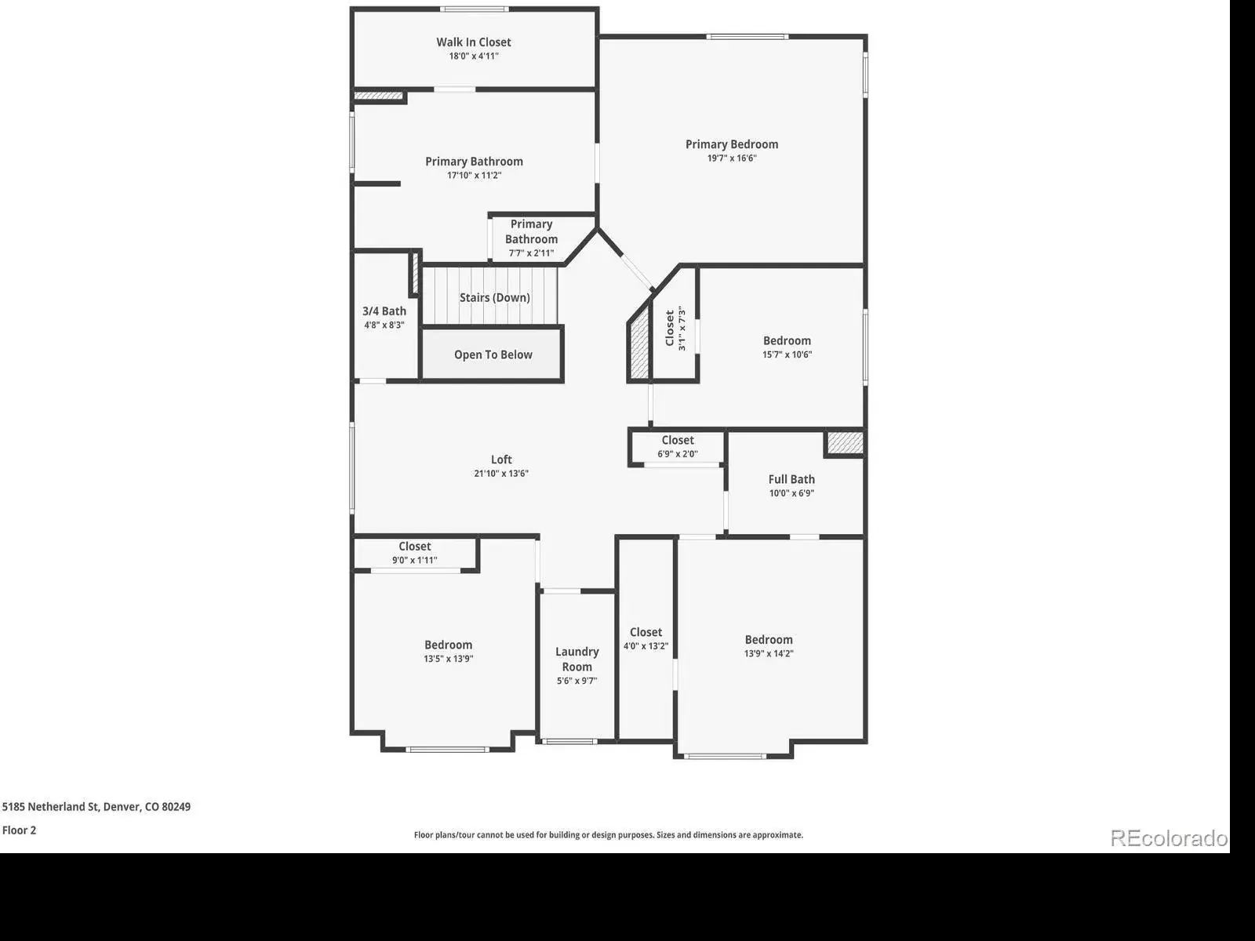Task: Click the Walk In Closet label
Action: [x=474, y=42]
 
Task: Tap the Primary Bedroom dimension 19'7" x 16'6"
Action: [x=732, y=158]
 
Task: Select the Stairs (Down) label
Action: [x=495, y=298]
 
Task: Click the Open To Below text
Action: [x=493, y=354]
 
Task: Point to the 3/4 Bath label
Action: [x=384, y=311]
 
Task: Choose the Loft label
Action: [x=501, y=460]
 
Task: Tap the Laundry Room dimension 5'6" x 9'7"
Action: [x=577, y=681]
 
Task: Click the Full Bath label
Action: [x=791, y=479]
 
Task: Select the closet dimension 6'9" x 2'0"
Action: [x=678, y=454]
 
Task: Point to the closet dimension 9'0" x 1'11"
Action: [x=414, y=561]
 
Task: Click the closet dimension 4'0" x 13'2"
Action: [x=646, y=646]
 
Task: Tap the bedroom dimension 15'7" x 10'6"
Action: [x=787, y=354]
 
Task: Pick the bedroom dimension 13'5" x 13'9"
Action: [x=448, y=659]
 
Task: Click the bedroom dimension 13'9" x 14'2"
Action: [x=769, y=654]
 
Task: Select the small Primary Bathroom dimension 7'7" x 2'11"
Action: [x=531, y=253]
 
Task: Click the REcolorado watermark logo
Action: [x=1169, y=838]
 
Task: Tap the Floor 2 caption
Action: [x=19, y=830]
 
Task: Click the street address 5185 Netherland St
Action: [x=51, y=807]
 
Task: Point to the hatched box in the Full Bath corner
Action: [x=845, y=443]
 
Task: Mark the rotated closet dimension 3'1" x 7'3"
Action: [x=682, y=329]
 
